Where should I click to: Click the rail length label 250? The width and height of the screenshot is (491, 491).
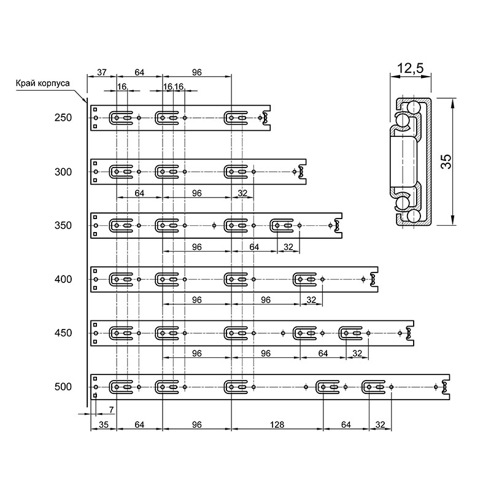click(x=63, y=118)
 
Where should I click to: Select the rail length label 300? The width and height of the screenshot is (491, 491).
click(x=63, y=172)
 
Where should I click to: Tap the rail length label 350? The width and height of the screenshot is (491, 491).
click(x=63, y=225)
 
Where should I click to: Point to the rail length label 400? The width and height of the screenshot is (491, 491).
click(x=63, y=279)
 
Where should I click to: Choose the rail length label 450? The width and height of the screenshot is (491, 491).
click(x=63, y=333)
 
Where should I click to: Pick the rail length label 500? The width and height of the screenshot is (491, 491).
click(x=63, y=387)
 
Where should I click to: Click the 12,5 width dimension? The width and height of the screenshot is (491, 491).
click(x=410, y=68)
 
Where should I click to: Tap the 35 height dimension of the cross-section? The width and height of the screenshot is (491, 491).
click(x=446, y=162)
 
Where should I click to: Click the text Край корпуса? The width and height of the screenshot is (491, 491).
click(x=42, y=83)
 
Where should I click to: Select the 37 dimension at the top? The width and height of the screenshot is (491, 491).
click(x=102, y=72)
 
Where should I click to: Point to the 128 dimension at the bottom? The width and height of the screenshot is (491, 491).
click(x=277, y=425)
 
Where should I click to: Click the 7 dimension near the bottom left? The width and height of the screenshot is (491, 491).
click(x=111, y=409)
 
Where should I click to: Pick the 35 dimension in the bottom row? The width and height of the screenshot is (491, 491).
click(x=103, y=425)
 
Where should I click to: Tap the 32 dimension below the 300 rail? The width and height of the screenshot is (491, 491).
click(x=242, y=193)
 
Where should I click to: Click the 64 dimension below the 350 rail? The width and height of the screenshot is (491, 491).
click(x=254, y=247)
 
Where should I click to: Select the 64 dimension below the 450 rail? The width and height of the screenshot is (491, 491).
click(x=323, y=354)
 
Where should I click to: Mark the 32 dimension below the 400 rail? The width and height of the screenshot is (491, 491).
click(x=311, y=300)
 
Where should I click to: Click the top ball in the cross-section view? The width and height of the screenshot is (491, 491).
click(x=414, y=107)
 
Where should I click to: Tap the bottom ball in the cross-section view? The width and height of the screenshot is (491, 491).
click(x=414, y=216)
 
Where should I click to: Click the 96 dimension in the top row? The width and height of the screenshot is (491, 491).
click(x=196, y=72)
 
